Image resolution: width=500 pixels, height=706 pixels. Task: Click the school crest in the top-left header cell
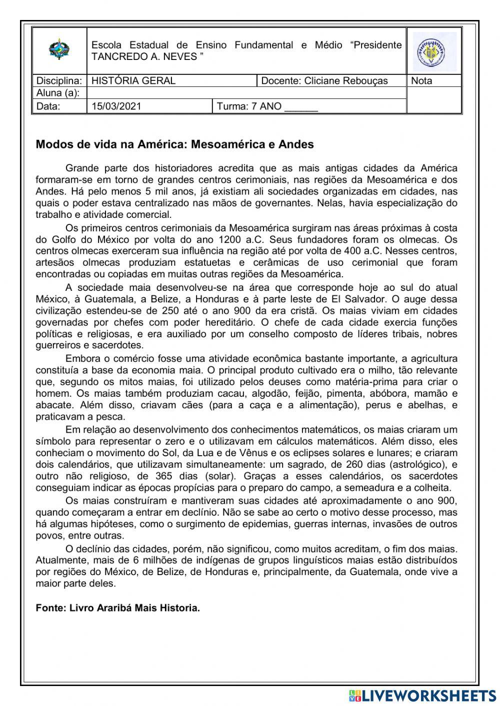coord(59,50)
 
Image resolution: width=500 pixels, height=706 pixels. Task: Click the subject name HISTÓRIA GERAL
coord(133,81)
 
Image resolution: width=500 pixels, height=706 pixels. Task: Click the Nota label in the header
coord(421,81)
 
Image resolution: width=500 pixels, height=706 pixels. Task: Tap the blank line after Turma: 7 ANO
coord(301,106)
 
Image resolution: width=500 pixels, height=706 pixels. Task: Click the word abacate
coord(53,405)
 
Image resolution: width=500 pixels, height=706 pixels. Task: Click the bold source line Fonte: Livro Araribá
coord(117,608)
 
